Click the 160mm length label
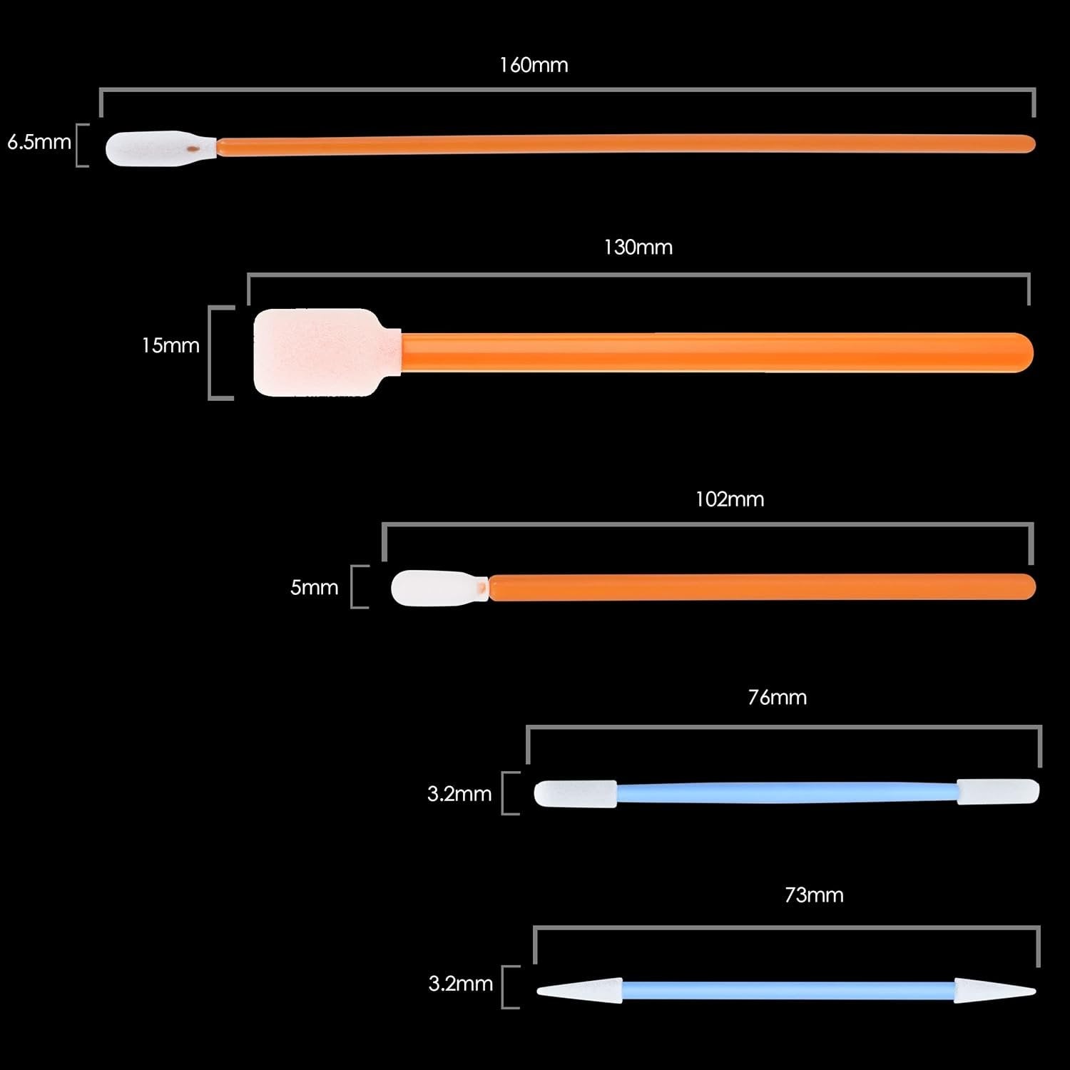coord(534,65)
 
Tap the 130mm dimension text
coord(638,248)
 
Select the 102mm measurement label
coord(729,499)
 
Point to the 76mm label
coord(777,697)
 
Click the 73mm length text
coord(813,895)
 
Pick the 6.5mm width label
coord(39,142)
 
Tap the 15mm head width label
coord(170,345)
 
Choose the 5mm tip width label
coord(314,587)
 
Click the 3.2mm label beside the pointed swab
coord(460,984)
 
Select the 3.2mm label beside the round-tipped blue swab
coord(459,793)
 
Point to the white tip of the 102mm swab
coord(432,588)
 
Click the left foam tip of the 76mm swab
coord(575,793)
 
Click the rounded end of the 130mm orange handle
coord(1020,352)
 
